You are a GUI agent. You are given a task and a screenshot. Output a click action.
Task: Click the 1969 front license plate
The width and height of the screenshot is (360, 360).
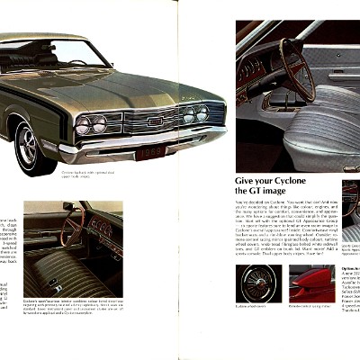pyautogui.click(x=150, y=151)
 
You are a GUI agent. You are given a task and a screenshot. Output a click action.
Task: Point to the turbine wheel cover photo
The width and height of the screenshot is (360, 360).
pyautogui.click(x=258, y=283)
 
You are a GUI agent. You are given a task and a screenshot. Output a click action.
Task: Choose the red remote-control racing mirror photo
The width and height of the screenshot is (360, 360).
pyautogui.click(x=311, y=283)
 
